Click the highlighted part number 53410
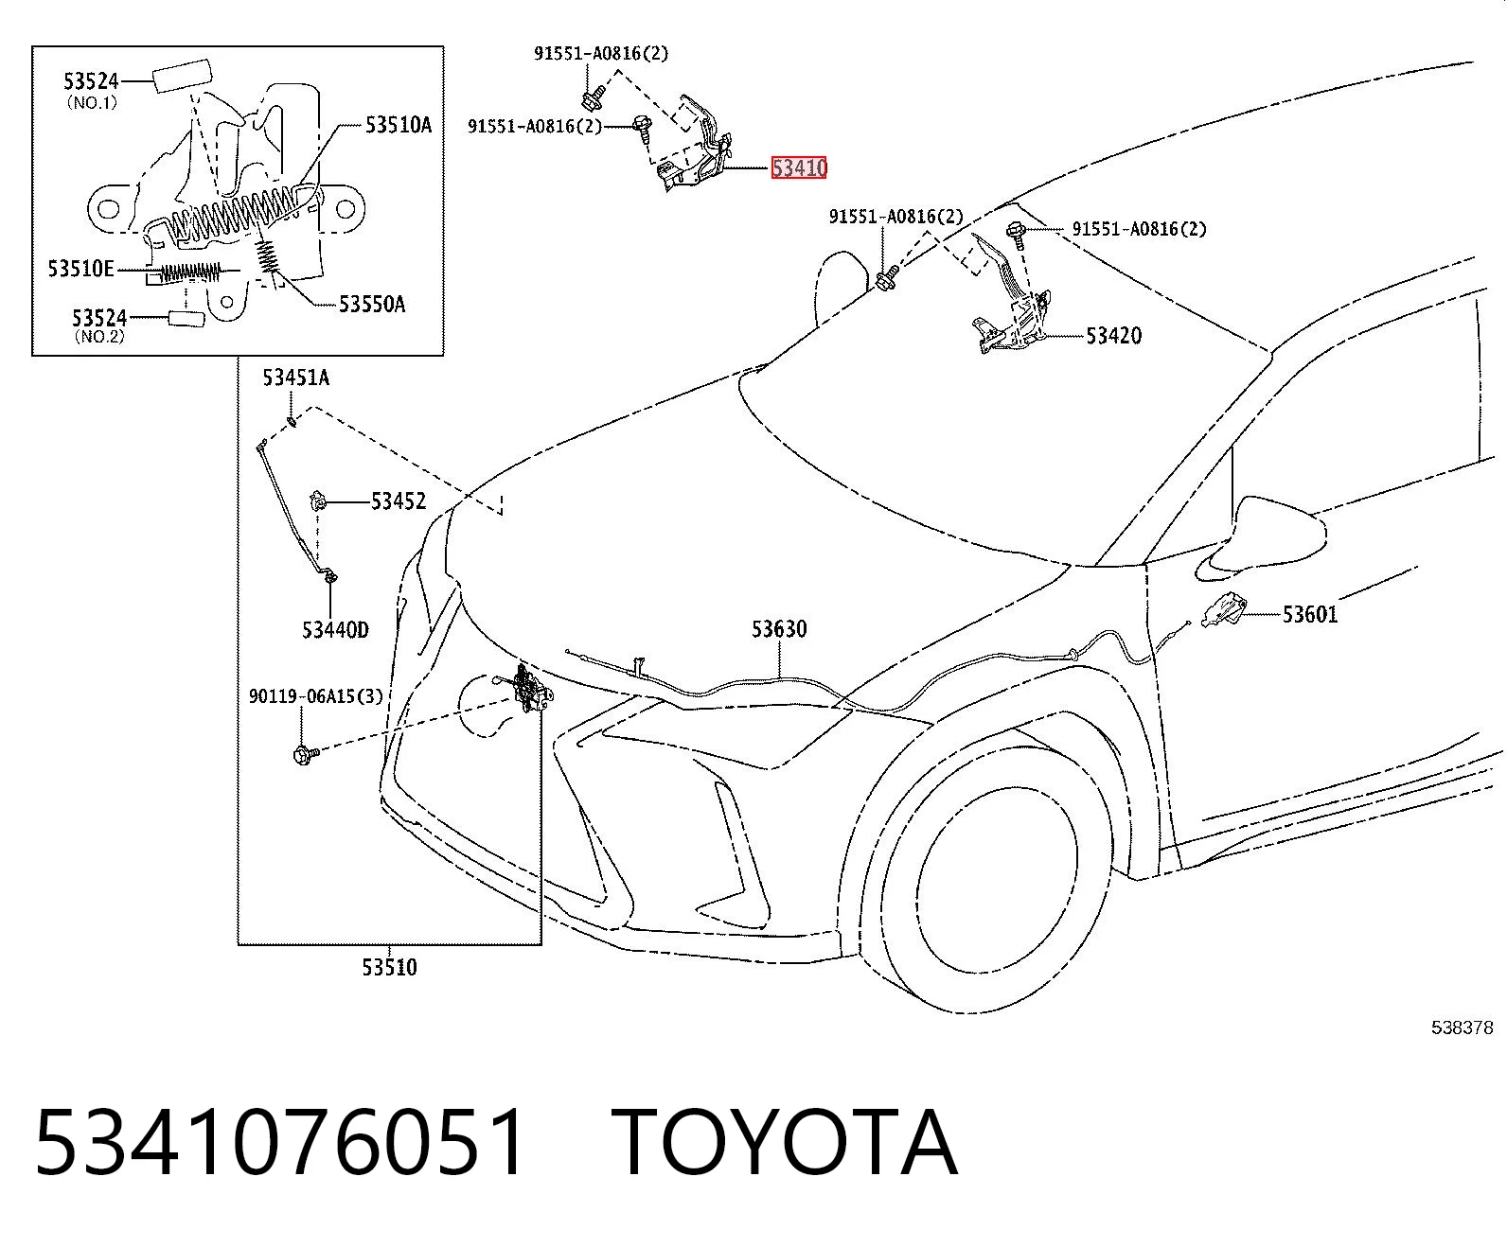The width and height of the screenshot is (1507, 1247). (x=798, y=168)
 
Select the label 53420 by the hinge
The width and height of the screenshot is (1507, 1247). (x=1113, y=336)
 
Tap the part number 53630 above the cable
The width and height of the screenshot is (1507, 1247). (x=779, y=629)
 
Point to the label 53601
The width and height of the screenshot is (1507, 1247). (x=1310, y=615)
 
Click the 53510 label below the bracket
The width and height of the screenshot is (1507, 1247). (x=390, y=967)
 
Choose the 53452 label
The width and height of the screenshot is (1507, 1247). (x=399, y=501)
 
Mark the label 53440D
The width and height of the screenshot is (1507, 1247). (x=335, y=630)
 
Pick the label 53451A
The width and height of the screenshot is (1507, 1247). (x=296, y=378)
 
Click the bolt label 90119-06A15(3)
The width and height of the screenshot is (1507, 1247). (x=315, y=696)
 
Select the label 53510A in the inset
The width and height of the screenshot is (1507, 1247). (x=399, y=125)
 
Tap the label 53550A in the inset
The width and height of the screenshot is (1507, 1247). (x=372, y=304)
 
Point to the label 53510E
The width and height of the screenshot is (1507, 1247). (x=80, y=269)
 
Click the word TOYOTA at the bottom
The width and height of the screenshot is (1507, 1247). (x=785, y=1144)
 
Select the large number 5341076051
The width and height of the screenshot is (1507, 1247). (x=279, y=1144)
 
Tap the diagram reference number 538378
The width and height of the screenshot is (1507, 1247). (x=1463, y=1027)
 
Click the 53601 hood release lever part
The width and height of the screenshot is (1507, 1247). (x=1223, y=609)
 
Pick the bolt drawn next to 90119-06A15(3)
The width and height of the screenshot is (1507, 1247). (x=306, y=755)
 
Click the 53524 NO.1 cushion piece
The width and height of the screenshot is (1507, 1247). (x=181, y=76)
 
